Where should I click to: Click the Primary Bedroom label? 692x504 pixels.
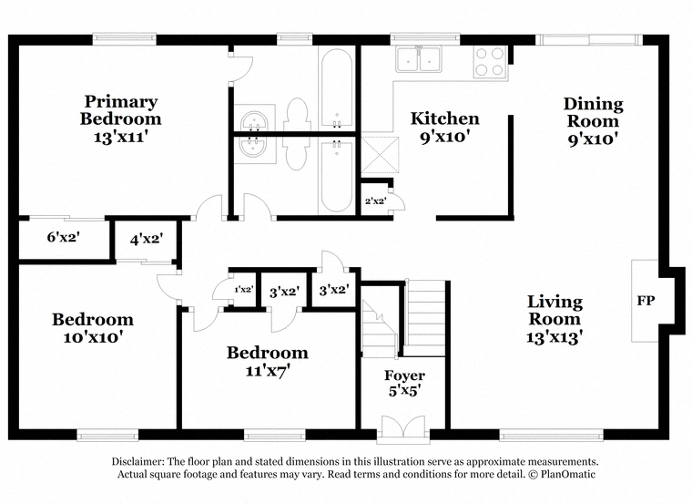coord(120,110)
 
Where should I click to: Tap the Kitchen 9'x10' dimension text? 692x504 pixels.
coord(444,138)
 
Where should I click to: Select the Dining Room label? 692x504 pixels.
coord(593,112)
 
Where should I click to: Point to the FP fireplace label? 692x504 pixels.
coord(646,301)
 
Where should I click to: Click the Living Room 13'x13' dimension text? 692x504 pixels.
coord(555,338)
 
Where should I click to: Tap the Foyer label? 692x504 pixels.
coord(404,375)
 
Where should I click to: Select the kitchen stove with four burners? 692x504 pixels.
coord(490,62)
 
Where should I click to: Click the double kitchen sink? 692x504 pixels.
coord(418,58)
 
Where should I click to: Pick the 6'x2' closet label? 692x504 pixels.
coord(64,237)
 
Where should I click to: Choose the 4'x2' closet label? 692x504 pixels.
coord(147,240)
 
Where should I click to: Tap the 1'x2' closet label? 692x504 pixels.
coord(244,290)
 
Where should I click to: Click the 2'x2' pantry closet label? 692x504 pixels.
coord(376,201)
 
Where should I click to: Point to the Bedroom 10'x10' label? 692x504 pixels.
coord(93,328)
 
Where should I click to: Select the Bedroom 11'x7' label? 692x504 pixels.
coord(268,361)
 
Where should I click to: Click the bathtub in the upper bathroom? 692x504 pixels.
coord(336,87)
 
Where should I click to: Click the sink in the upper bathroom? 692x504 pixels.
coord(254,120)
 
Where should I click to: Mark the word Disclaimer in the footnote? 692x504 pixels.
coord(137,461)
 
